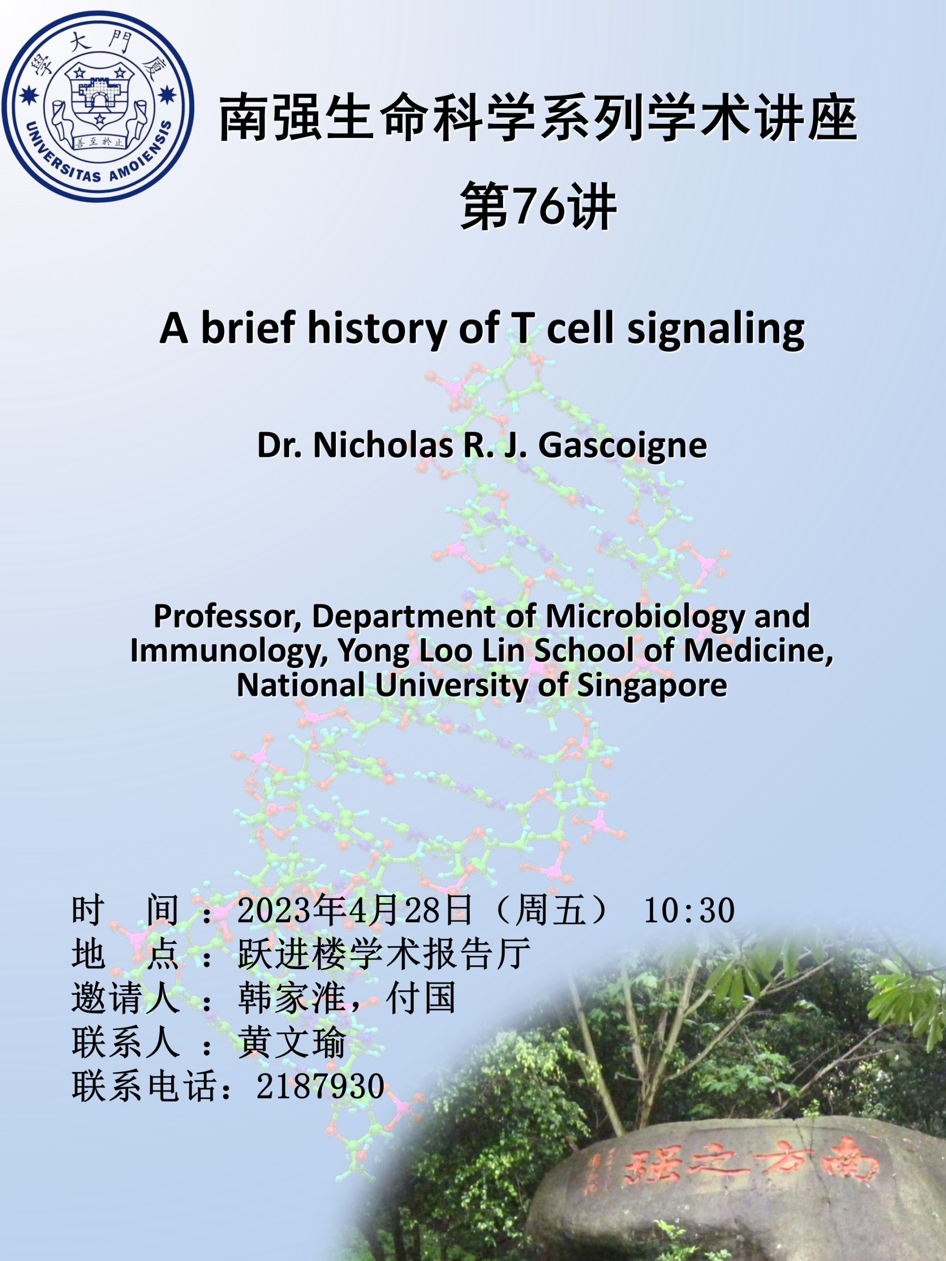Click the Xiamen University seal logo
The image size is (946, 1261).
click(98, 107)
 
